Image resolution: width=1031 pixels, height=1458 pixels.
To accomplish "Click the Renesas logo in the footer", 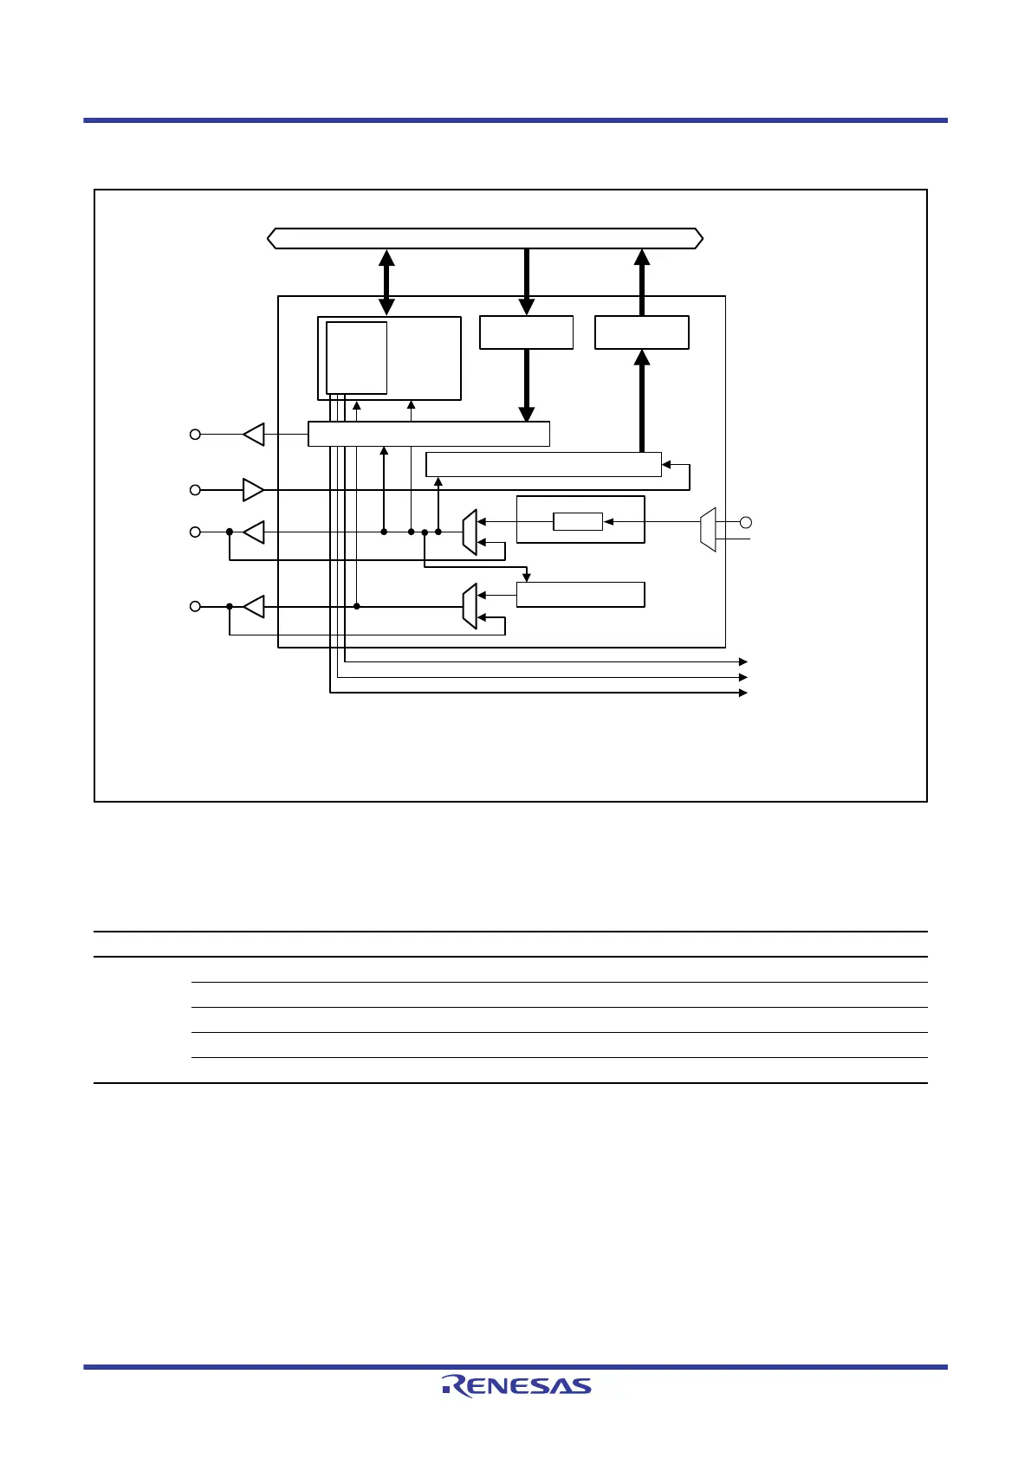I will click(516, 1386).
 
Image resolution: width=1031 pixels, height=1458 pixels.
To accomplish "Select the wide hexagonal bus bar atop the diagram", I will click(485, 238).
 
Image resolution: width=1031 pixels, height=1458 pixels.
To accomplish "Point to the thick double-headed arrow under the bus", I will click(386, 282).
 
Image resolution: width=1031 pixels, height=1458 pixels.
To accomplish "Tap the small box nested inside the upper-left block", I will click(356, 358).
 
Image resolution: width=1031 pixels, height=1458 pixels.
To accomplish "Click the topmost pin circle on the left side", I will click(196, 434).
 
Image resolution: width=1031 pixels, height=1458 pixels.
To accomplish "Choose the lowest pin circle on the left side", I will click(196, 607).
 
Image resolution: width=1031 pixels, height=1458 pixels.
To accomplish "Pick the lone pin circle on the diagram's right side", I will click(745, 522).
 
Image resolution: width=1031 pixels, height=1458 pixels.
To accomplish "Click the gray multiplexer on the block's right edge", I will click(708, 529).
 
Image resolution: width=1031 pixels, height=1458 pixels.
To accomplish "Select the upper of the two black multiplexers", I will click(470, 532).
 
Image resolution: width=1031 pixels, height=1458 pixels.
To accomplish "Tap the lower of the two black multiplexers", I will click(470, 606).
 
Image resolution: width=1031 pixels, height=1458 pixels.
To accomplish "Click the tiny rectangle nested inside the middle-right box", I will click(578, 521).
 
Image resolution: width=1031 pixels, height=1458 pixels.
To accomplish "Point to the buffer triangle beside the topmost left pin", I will click(254, 434).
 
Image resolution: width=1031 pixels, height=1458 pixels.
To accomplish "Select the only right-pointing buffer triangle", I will click(253, 490).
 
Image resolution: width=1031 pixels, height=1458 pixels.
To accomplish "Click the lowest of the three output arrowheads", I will click(742, 693).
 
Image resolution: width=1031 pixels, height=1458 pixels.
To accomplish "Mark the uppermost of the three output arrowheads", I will click(742, 661).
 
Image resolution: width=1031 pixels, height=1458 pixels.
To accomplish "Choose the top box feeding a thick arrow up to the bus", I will click(642, 332).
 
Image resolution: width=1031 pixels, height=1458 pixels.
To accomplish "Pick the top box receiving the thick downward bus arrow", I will click(527, 332).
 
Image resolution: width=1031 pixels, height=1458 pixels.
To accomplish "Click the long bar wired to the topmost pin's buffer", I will click(429, 434).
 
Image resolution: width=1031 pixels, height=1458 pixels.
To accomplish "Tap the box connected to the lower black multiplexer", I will click(580, 595).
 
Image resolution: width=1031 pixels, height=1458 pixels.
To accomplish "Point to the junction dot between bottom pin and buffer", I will click(230, 607).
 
